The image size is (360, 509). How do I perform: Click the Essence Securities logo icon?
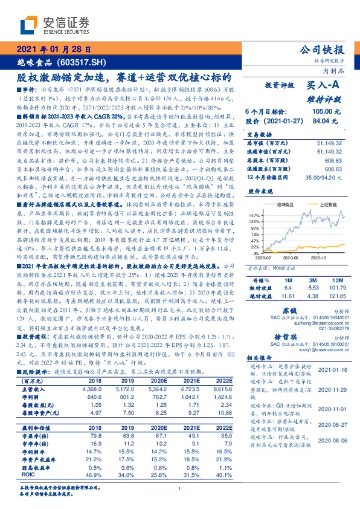tap(30, 24)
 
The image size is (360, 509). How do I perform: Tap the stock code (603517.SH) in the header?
tap(82, 62)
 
